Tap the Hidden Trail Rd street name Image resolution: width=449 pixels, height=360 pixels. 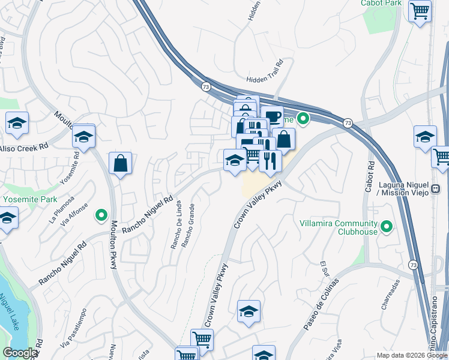(x=264, y=79)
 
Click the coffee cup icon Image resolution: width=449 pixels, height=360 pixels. (x=272, y=116)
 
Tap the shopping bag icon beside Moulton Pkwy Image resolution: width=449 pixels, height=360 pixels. (x=120, y=163)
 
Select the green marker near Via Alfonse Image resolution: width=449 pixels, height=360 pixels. (x=101, y=214)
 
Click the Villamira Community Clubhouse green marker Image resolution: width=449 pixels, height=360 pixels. (x=387, y=227)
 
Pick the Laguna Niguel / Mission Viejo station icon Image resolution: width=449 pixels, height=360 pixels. (x=436, y=188)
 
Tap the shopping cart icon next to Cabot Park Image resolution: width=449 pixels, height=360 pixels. (x=419, y=10)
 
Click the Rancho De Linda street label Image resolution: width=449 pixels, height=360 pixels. (x=175, y=225)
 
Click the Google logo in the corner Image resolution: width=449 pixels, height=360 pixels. (x=20, y=353)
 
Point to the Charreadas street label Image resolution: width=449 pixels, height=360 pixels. (x=387, y=295)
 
